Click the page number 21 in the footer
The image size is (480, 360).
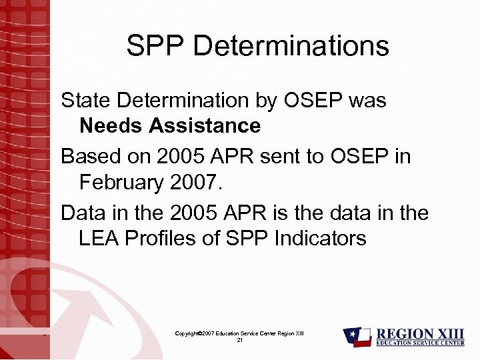pyautogui.click(x=239, y=340)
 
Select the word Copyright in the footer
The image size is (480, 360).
pyautogui.click(x=188, y=333)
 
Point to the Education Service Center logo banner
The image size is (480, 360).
pyautogui.click(x=421, y=343)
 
